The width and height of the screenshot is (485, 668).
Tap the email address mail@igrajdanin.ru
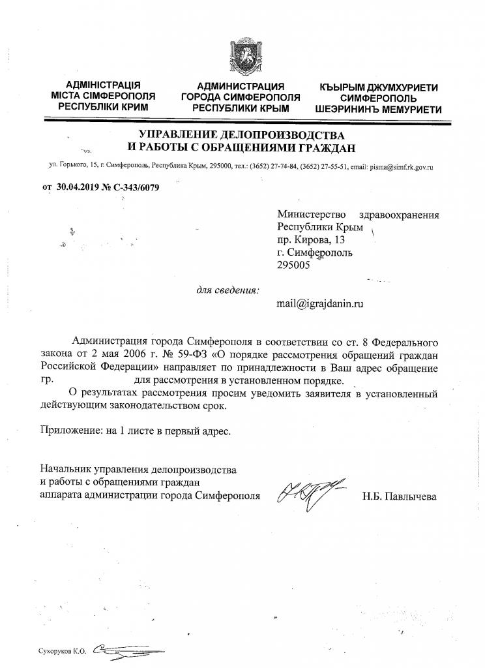click(319, 303)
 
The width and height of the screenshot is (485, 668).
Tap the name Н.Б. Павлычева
click(399, 496)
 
